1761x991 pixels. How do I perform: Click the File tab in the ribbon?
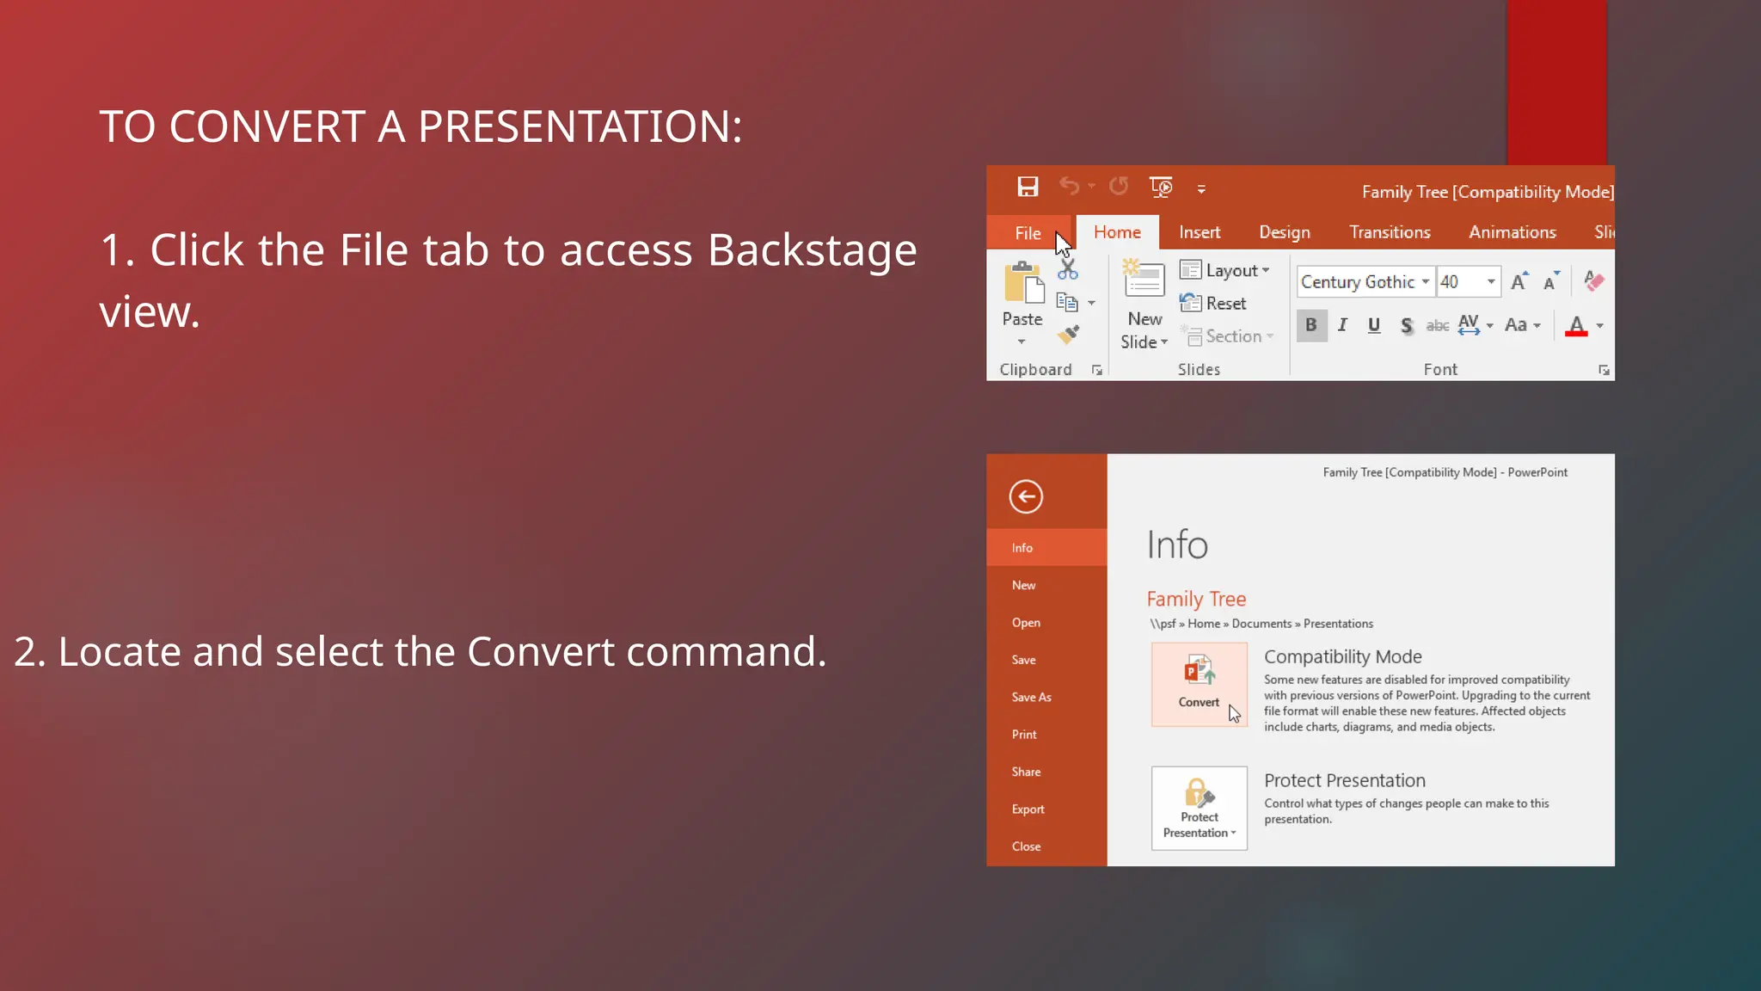click(1028, 233)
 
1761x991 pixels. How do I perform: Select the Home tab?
click(1117, 232)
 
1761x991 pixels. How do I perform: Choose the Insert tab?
click(1200, 232)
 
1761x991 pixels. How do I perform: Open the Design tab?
click(1285, 232)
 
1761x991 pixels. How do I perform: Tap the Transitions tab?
click(1390, 232)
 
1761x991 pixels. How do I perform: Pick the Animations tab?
click(1512, 232)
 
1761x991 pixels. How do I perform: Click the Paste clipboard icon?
click(1022, 284)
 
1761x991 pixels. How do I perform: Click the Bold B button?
click(1311, 325)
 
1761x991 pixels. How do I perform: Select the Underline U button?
click(1374, 325)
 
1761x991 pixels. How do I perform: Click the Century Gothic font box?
click(1358, 282)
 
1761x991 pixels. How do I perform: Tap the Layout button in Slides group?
click(1224, 271)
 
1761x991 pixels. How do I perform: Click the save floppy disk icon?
click(1028, 187)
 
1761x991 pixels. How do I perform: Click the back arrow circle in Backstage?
click(1026, 496)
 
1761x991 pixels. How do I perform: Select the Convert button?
click(1199, 685)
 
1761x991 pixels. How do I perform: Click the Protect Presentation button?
click(1199, 809)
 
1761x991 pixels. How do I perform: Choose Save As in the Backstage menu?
click(1031, 698)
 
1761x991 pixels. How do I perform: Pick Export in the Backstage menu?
click(1028, 809)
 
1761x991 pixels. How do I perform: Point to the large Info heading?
click(1177, 545)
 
